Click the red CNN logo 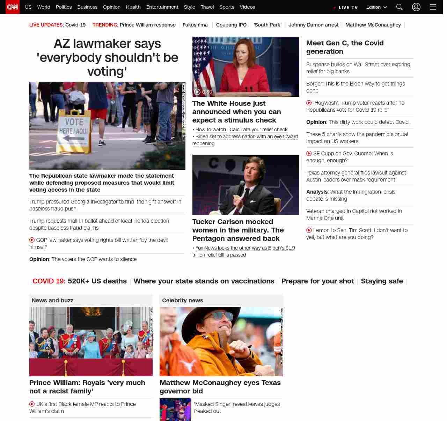coord(13,7)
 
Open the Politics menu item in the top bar coord(64,7)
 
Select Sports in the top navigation coord(227,7)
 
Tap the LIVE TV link coord(346,7)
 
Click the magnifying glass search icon coord(400,7)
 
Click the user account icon coord(416,7)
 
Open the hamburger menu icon coord(433,7)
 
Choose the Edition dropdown coord(376,7)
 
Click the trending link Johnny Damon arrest coord(313,25)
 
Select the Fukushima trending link coord(195,25)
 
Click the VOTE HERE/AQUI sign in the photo coord(74,131)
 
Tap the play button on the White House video coord(197,92)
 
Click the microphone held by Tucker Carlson coord(241,185)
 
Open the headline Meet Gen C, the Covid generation coord(345,47)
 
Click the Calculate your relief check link coord(258,130)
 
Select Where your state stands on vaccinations coord(204,281)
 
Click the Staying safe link coord(382,281)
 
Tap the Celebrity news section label coord(183,300)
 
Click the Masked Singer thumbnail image coord(175,409)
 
